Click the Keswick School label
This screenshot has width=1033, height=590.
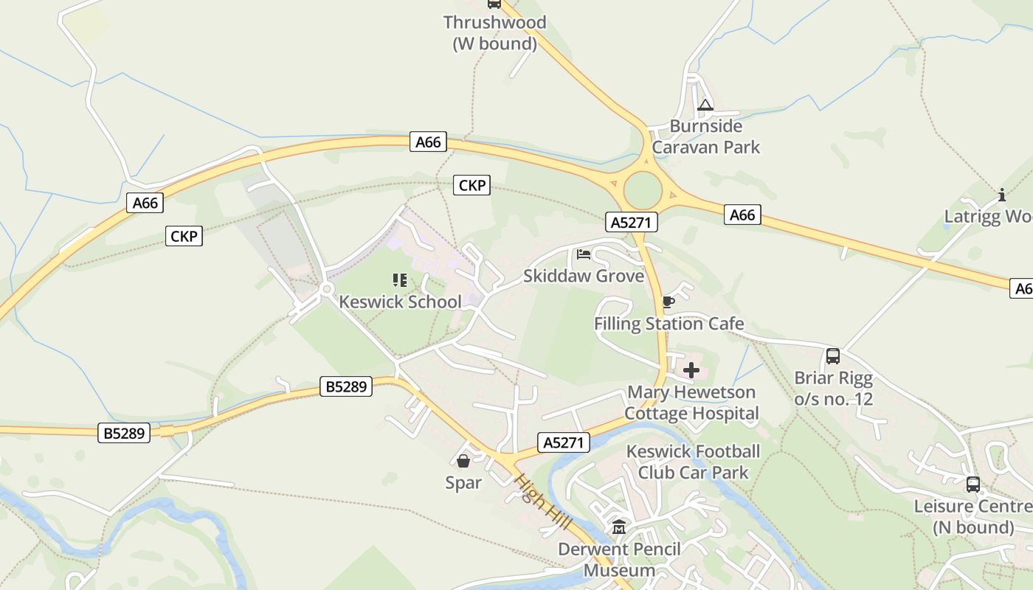[400, 302]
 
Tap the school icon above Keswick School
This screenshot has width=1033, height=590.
[400, 280]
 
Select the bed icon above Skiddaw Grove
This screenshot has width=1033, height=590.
[584, 255]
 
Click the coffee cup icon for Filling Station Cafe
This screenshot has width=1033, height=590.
[668, 302]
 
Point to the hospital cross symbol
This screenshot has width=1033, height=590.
[691, 370]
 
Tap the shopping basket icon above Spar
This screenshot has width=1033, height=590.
[463, 462]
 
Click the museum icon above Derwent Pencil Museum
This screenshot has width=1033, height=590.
[619, 527]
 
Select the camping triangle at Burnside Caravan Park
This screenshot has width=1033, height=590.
[705, 105]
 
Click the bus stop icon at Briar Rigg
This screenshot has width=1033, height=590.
[833, 356]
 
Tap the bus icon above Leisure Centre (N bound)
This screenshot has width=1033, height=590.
[973, 485]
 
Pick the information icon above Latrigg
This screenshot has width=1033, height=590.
[1002, 195]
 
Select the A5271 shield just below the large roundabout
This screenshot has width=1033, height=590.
[631, 222]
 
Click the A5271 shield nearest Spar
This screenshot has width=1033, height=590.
[564, 442]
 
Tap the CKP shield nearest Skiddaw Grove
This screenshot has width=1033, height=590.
[471, 185]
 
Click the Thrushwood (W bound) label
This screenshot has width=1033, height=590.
[494, 33]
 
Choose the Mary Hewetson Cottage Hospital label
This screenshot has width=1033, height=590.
[691, 403]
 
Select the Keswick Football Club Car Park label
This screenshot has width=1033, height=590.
[693, 462]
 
